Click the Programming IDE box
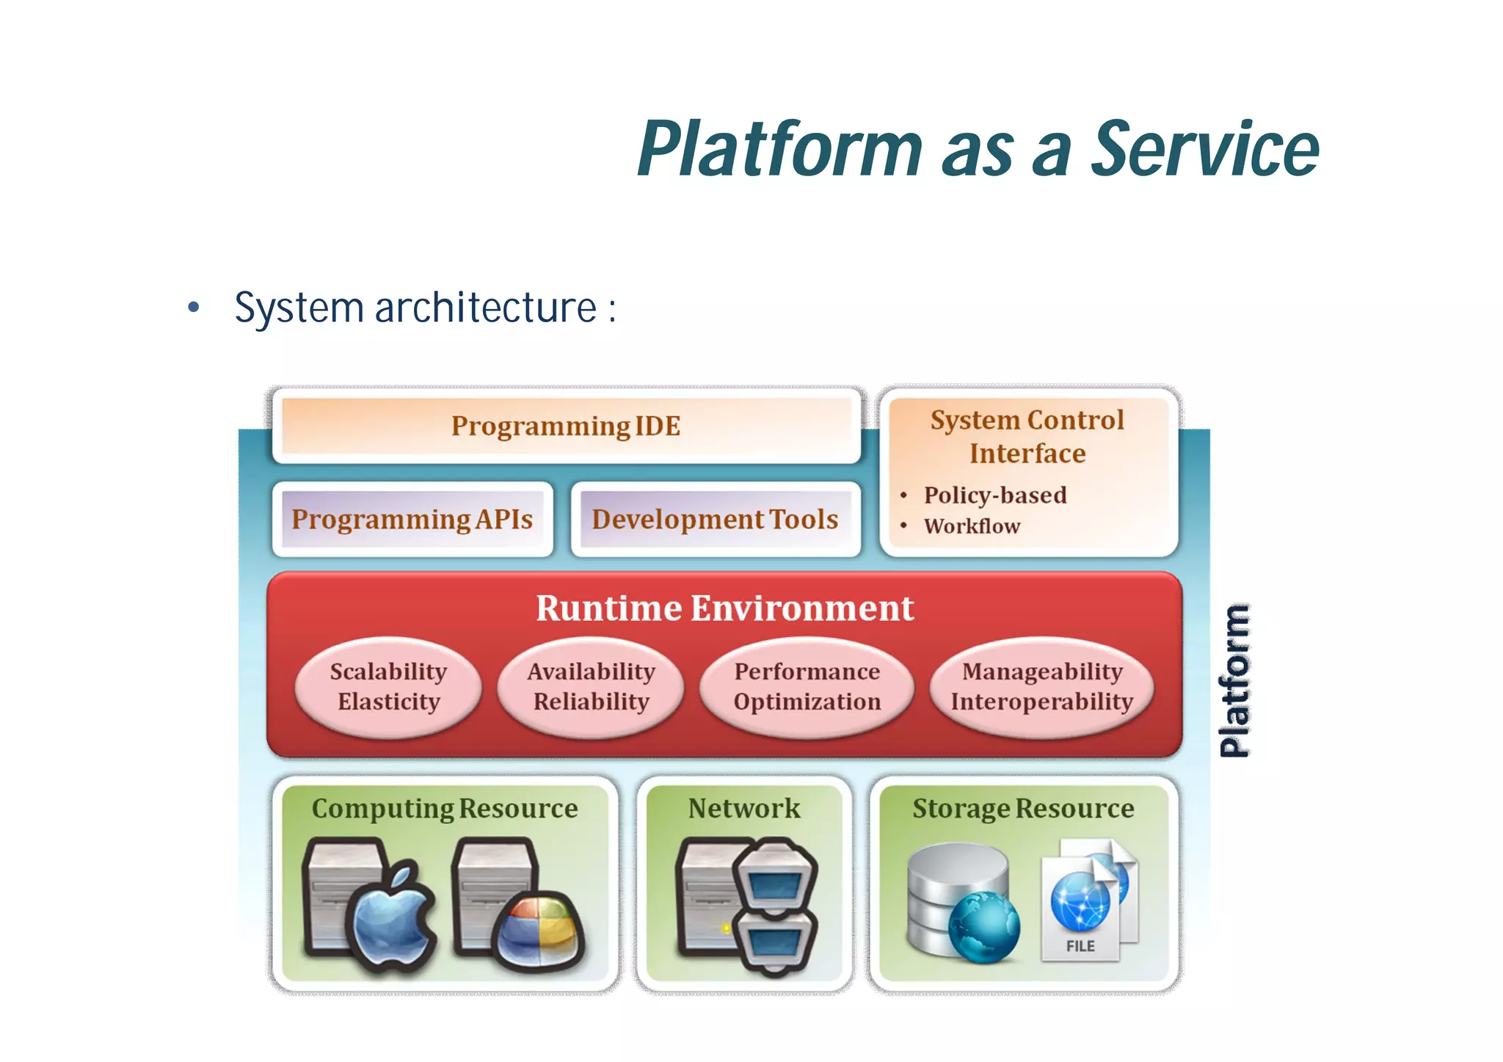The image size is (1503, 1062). click(x=566, y=426)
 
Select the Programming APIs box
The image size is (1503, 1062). click(x=412, y=520)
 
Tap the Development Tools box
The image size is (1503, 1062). click(x=715, y=520)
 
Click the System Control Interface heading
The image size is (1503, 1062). click(x=1027, y=437)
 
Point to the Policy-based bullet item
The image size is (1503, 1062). click(x=994, y=495)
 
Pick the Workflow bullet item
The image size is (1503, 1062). click(x=972, y=526)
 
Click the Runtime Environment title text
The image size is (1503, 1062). click(x=724, y=608)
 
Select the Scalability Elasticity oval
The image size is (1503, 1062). click(x=388, y=687)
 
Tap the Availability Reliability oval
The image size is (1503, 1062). click(x=591, y=687)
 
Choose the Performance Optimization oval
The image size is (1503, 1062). click(x=807, y=687)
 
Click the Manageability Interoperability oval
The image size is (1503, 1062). click(x=1041, y=687)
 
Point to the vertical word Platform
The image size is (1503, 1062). click(x=1235, y=680)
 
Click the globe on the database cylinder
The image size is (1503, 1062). click(x=983, y=927)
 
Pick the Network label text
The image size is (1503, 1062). click(x=744, y=809)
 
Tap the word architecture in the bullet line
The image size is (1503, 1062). click(x=486, y=308)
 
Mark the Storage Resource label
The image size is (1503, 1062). click(x=1023, y=809)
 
